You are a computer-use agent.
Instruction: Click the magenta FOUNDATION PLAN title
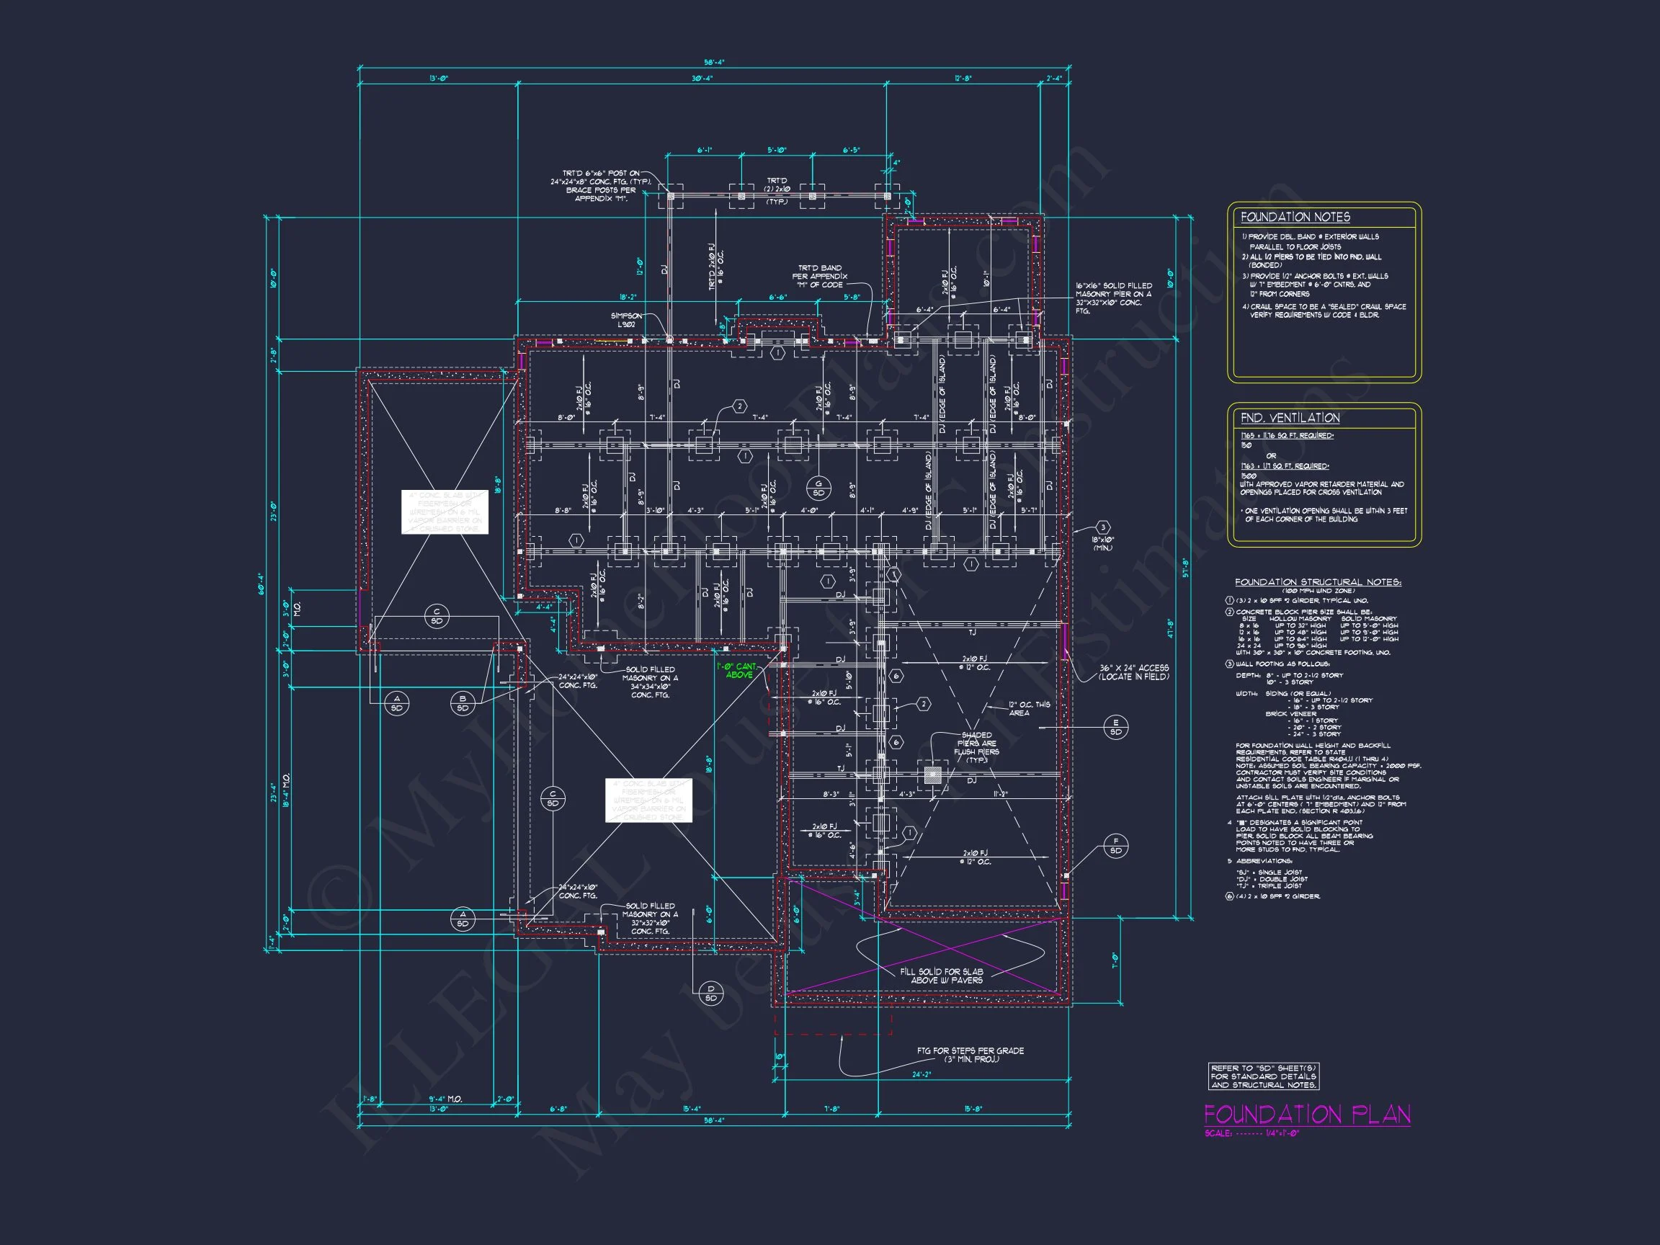tap(1306, 1114)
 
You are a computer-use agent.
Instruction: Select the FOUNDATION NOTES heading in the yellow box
tap(1295, 217)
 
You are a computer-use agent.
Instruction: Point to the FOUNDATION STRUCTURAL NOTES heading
tap(1317, 581)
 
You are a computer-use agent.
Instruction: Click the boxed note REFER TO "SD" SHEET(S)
tap(1263, 1076)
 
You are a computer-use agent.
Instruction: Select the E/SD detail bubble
tap(1115, 726)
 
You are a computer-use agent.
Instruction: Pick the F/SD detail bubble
tap(1115, 846)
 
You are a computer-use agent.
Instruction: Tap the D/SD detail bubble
tap(710, 993)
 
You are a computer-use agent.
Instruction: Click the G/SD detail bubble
tap(818, 488)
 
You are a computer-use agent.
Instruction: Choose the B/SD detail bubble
tap(463, 703)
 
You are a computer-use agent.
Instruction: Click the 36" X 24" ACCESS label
tap(1133, 671)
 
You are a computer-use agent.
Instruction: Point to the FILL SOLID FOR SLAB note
tap(941, 976)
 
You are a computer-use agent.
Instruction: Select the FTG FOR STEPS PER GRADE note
tap(970, 1054)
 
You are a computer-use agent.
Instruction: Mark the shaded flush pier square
tap(932, 775)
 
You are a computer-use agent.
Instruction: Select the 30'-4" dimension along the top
tap(702, 78)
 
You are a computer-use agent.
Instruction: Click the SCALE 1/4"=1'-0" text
tap(1251, 1133)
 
